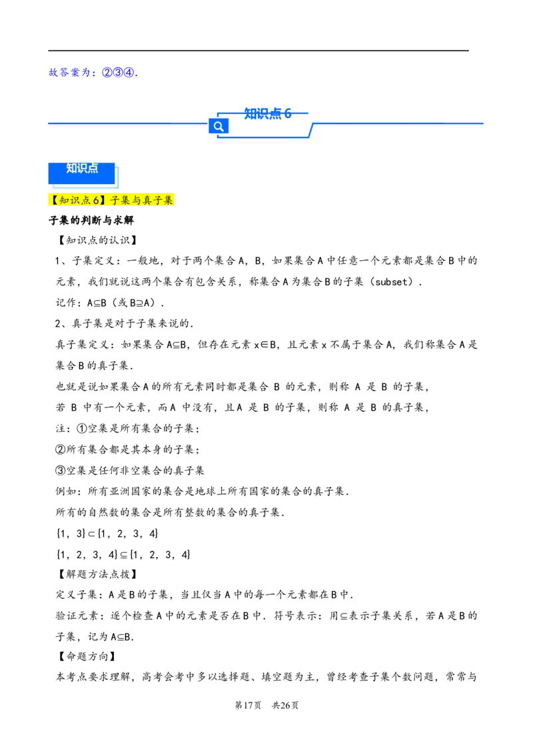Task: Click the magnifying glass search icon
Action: [x=218, y=126]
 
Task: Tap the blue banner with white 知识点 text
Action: [x=81, y=172]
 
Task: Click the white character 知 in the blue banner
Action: [x=71, y=168]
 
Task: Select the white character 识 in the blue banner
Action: [x=82, y=168]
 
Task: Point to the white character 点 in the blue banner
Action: [x=93, y=168]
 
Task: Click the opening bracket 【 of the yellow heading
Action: [x=54, y=200]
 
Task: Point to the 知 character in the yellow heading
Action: [x=64, y=200]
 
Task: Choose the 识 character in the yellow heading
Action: [x=75, y=200]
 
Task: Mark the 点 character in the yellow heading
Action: [x=86, y=200]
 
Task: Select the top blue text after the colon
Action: [x=119, y=73]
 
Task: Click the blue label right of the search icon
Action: [x=266, y=114]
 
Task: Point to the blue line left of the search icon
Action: [x=127, y=123]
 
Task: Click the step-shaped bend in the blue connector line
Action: [x=312, y=129]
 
